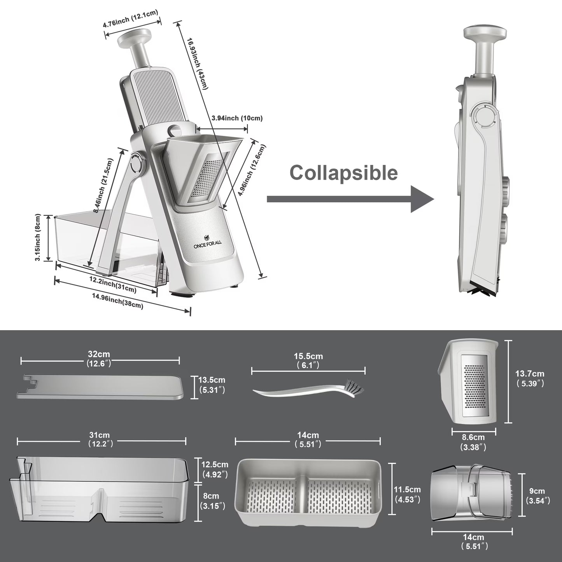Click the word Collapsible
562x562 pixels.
[x=343, y=173]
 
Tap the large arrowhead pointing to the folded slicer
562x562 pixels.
[x=422, y=199]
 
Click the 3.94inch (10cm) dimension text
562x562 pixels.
[x=237, y=118]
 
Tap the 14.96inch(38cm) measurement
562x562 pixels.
[x=117, y=301]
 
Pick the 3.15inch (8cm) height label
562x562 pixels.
[x=38, y=237]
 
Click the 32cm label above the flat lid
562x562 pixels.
[x=99, y=359]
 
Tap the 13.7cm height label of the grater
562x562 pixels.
[x=530, y=378]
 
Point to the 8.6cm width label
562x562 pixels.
[x=473, y=442]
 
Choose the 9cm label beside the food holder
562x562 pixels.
[x=538, y=495]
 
